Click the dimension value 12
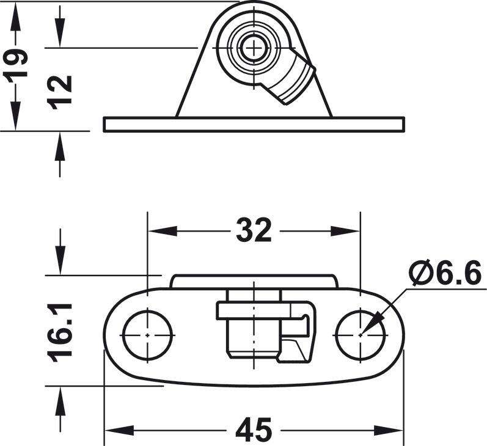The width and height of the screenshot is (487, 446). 61,92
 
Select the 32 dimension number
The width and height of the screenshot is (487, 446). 254,231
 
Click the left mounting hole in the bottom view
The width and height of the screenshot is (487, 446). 148,335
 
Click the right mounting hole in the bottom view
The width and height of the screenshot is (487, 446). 361,335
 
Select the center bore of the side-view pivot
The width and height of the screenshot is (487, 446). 251,48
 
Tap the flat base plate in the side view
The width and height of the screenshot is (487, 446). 254,124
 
